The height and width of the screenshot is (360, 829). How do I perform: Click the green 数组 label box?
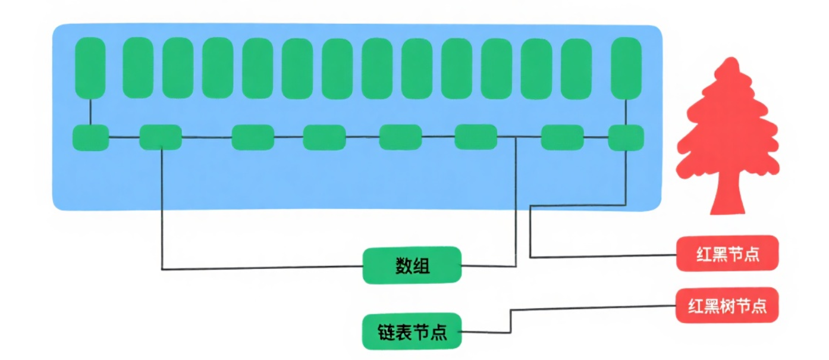click(x=412, y=265)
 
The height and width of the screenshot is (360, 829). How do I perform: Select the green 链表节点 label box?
click(x=412, y=331)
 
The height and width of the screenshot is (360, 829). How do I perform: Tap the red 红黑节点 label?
click(x=727, y=253)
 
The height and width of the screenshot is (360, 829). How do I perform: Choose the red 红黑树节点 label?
click(x=727, y=305)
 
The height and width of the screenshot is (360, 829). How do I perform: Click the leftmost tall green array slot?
click(x=90, y=67)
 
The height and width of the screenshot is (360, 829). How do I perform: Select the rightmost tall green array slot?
click(x=626, y=67)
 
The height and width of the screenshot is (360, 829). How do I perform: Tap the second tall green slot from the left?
click(x=138, y=67)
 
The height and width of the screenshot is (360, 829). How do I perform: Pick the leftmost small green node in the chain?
click(x=90, y=137)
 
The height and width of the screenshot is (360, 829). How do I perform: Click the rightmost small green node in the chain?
click(x=626, y=137)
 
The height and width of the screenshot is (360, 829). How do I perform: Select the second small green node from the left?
click(x=161, y=137)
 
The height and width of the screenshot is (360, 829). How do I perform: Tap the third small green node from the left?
click(x=253, y=137)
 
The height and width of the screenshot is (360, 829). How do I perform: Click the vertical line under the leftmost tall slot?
click(x=90, y=111)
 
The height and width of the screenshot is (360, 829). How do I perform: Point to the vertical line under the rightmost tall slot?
click(x=626, y=111)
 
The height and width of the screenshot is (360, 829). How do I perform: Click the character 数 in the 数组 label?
click(x=404, y=265)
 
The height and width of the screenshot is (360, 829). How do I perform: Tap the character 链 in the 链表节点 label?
click(x=385, y=331)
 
